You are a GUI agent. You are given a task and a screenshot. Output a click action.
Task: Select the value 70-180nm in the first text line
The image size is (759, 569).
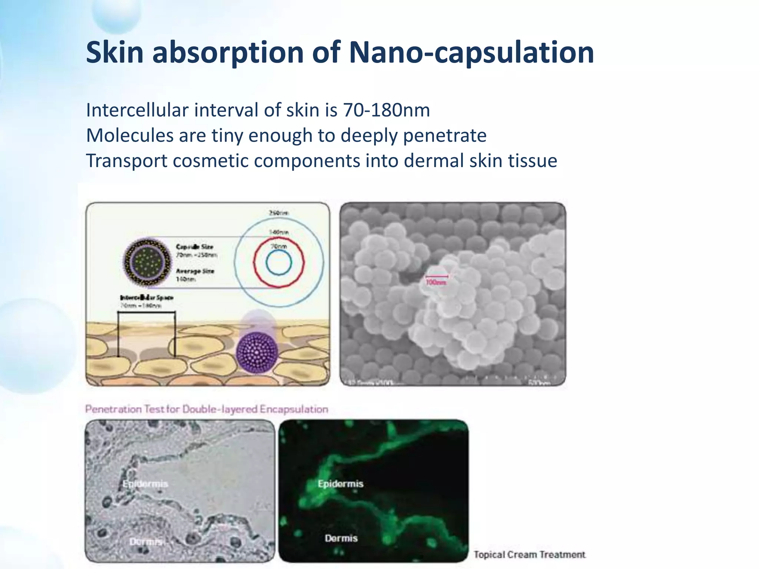[387, 110]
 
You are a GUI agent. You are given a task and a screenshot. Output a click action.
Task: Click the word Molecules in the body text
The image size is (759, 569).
[130, 135]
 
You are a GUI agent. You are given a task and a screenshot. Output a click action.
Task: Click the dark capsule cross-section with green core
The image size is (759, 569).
[148, 262]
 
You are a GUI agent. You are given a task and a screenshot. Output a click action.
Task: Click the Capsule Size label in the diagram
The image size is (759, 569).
[195, 247]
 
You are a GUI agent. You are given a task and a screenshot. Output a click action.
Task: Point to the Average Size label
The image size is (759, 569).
[195, 271]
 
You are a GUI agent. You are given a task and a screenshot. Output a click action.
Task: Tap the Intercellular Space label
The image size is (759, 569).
[147, 297]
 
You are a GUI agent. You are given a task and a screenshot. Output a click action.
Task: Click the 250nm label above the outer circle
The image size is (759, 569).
[278, 213]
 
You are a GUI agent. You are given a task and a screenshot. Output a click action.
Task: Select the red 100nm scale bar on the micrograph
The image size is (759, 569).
[437, 276]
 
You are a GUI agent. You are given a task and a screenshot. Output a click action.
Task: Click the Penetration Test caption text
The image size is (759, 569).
[206, 409]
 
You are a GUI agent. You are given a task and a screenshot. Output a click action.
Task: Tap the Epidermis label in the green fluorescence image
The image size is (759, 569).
[341, 483]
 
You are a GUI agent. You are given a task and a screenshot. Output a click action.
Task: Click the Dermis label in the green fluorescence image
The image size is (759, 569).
[341, 538]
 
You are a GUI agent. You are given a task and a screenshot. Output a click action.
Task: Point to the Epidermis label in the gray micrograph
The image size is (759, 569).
[145, 484]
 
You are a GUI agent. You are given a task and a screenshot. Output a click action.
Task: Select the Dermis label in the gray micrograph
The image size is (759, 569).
[145, 542]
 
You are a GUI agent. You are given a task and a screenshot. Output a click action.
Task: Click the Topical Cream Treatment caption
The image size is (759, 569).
[529, 555]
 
